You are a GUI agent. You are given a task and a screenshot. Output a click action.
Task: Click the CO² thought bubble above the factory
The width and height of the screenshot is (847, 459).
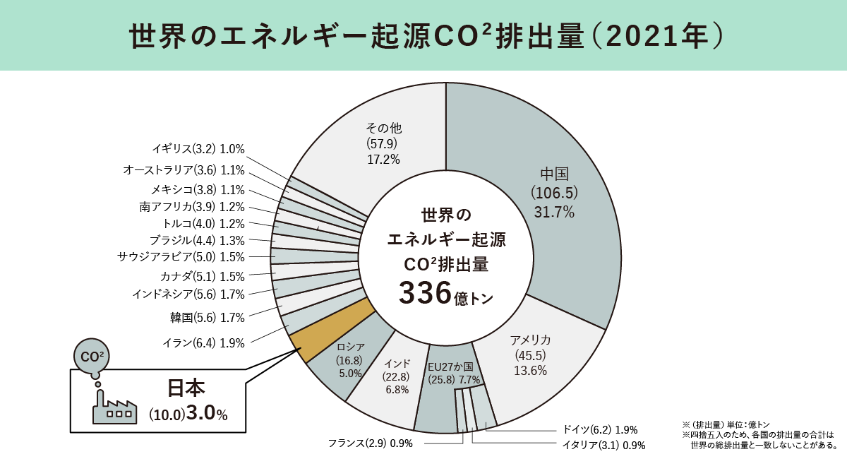(93, 357)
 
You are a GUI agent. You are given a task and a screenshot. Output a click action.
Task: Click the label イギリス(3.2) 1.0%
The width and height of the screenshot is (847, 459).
(198, 149)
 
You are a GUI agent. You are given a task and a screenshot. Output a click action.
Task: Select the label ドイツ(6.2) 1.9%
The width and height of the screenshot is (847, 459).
(600, 429)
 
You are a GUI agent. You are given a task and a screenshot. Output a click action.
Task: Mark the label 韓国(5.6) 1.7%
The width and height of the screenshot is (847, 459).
(207, 318)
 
